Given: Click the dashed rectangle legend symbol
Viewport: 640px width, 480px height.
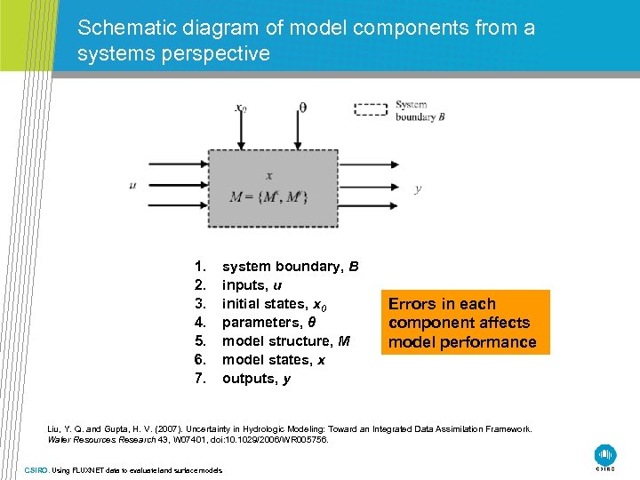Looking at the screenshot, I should click(372, 109).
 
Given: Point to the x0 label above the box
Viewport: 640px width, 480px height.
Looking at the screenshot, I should click(240, 108).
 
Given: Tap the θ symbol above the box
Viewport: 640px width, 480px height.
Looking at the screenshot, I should click(302, 108).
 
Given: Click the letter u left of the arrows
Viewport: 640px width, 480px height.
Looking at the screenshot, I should click(132, 186).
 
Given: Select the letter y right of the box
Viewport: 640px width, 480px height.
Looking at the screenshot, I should click(418, 188).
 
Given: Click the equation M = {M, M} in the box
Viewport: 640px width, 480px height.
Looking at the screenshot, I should click(268, 197).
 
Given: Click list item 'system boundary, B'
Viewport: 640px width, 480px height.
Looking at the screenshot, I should click(290, 267).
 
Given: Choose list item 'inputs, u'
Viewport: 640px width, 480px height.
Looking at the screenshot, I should click(252, 285).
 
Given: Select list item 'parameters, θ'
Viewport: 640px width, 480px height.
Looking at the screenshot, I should click(268, 323).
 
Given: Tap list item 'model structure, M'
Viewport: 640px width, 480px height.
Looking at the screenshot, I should click(285, 341).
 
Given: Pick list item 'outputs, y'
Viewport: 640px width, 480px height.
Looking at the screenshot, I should click(255, 379).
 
